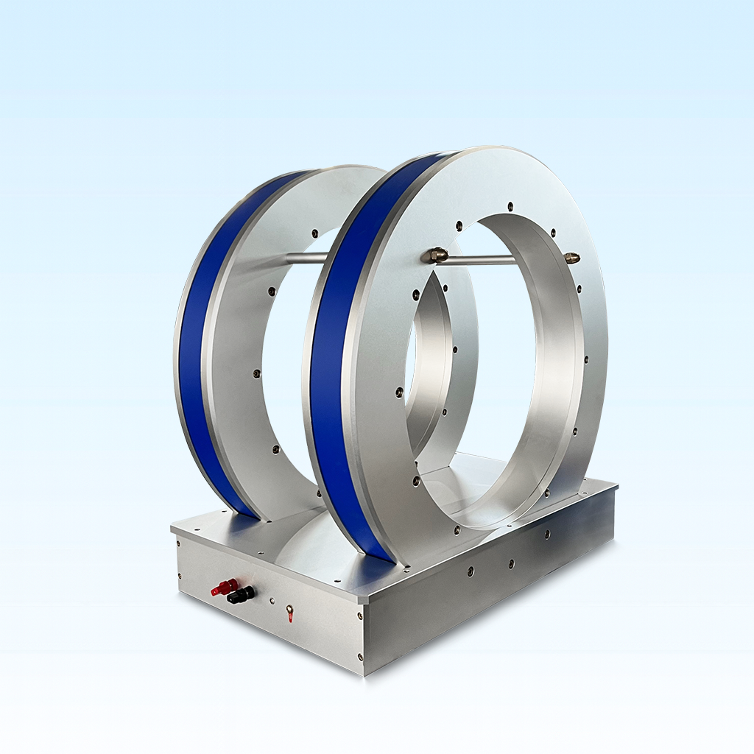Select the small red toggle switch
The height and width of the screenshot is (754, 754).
(x=289, y=611)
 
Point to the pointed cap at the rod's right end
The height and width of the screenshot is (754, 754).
(x=572, y=258)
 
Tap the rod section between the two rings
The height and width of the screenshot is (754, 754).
(x=306, y=257)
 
